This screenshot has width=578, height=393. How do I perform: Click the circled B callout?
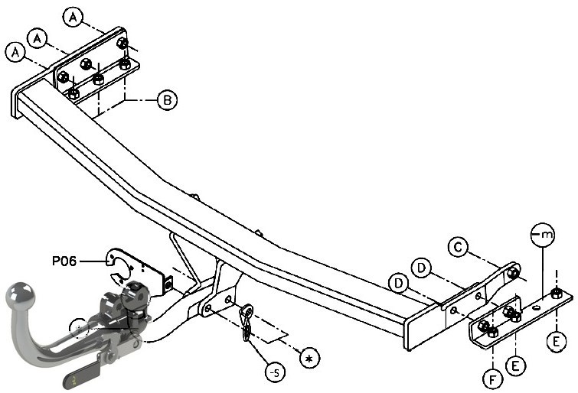tap(168, 99)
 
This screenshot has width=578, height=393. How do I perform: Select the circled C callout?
tap(459, 247)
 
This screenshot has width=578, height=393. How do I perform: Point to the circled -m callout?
tap(543, 233)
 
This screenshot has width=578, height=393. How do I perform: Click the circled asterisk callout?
tap(309, 358)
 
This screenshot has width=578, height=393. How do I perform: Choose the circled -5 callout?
tap(276, 373)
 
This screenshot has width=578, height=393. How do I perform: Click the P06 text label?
tap(64, 261)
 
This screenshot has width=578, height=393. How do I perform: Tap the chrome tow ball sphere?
tap(20, 295)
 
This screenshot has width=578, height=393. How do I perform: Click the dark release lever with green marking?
tap(82, 376)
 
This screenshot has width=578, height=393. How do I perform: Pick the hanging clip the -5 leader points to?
tap(247, 322)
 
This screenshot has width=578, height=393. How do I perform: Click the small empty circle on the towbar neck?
tap(79, 328)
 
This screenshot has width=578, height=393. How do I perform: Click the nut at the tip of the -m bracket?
tap(556, 294)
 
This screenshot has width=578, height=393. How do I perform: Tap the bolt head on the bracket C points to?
tap(512, 273)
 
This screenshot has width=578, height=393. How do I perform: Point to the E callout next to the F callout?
tap(515, 365)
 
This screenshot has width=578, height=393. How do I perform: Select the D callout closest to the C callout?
tap(422, 268)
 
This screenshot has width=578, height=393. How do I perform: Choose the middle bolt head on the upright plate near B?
tap(86, 63)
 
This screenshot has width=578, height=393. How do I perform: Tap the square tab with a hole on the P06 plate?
tap(168, 284)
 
